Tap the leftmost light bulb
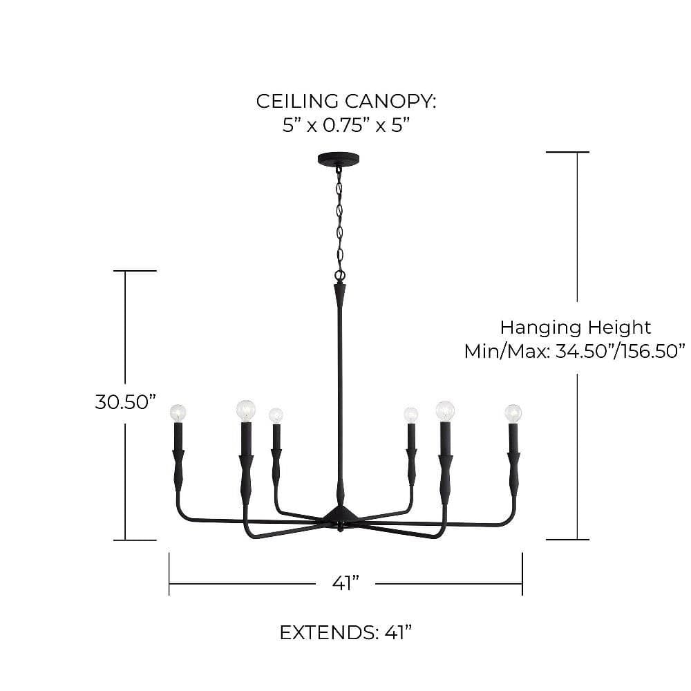coord(178,413)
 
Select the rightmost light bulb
coord(513,413)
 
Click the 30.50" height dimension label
coord(126,402)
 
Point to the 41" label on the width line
coord(346,583)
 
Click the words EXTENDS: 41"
coord(346,633)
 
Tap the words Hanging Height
coord(576,328)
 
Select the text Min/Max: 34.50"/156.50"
coord(575,351)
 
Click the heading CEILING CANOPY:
coord(346,102)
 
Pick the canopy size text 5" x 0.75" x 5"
coord(346,126)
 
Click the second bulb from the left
coord(246,410)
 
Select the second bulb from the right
coord(445,410)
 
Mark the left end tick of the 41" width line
coord(169,574)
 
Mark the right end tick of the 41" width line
coord(522,574)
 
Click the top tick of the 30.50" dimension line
coord(135,271)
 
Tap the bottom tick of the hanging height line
coord(567,539)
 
